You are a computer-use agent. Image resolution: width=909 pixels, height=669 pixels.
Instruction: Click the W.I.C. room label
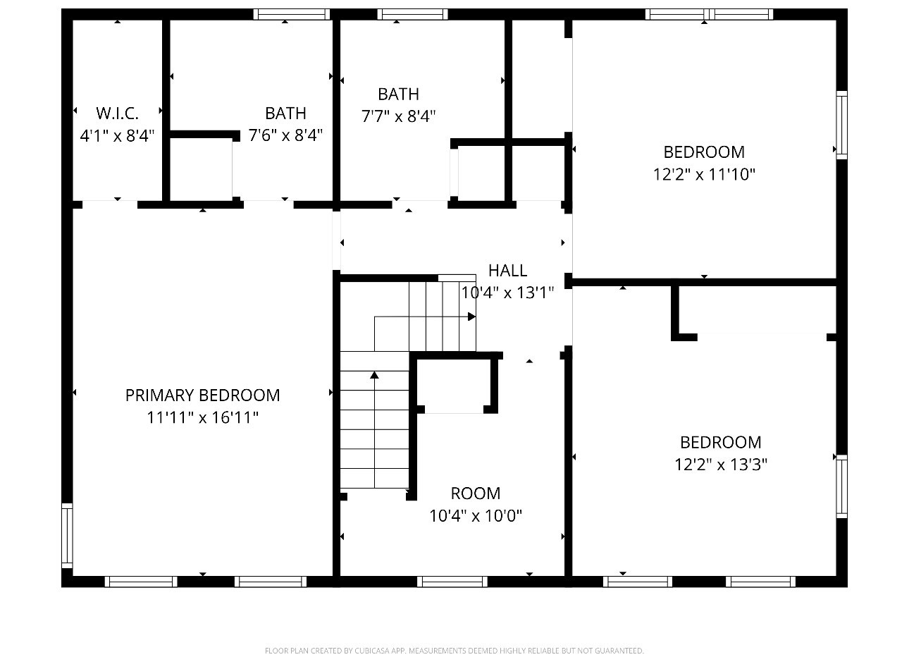click(117, 113)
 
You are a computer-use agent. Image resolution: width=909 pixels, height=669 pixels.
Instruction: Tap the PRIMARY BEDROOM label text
click(202, 395)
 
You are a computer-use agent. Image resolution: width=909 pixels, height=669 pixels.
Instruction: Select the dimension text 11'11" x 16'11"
click(202, 417)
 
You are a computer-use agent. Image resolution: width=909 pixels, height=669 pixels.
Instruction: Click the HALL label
click(507, 270)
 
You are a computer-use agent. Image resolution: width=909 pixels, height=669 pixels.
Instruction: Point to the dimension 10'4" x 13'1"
click(507, 292)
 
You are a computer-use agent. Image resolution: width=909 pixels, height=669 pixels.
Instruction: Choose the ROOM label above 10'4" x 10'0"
click(476, 493)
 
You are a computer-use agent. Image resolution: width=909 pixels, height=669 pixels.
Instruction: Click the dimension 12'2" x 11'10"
click(704, 174)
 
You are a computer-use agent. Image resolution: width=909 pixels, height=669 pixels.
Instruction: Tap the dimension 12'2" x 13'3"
click(720, 465)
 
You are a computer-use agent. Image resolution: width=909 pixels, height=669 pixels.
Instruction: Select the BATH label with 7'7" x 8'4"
click(398, 94)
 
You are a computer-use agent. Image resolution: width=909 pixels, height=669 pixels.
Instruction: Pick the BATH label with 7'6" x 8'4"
click(285, 113)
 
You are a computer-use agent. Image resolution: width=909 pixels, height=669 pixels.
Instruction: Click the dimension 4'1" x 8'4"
click(117, 135)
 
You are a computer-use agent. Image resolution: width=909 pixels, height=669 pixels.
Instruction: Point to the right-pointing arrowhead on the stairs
click(471, 317)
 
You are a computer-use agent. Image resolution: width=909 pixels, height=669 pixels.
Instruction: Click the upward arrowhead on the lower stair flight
click(374, 375)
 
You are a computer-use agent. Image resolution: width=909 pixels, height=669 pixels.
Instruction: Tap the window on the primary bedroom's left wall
click(67, 535)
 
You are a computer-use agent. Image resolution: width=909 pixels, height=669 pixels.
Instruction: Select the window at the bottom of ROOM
click(452, 582)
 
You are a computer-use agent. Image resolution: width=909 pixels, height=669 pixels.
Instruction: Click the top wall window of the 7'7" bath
click(412, 14)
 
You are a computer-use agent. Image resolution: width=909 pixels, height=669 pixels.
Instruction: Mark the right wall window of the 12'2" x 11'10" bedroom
click(841, 125)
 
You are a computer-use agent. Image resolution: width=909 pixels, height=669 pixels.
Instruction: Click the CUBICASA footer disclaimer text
click(454, 651)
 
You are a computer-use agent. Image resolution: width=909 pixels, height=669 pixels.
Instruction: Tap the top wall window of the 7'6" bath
click(291, 14)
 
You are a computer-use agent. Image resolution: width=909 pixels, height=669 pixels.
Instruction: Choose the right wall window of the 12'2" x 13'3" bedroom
click(841, 486)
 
